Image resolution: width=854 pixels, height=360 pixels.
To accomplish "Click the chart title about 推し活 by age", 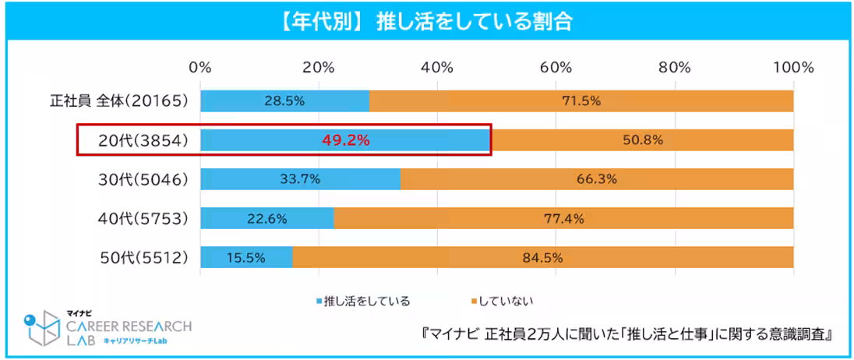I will (x=426, y=21).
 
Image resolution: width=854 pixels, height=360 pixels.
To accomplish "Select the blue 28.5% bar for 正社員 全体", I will (x=285, y=101).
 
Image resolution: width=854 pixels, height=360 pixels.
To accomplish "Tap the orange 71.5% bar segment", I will (x=581, y=101).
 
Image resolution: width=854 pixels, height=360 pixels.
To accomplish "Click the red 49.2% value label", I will (x=345, y=140).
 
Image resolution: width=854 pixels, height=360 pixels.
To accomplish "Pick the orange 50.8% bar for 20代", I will (x=642, y=140).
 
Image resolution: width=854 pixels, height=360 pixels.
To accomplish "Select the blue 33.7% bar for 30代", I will (x=300, y=179).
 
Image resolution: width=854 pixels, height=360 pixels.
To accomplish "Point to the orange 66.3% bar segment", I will (x=597, y=179).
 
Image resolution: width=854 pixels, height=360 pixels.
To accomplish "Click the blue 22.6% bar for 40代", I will (x=267, y=218).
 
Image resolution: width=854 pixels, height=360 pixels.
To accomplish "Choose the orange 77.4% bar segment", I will (x=563, y=218).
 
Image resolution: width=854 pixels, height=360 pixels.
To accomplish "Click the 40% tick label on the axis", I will (x=437, y=67).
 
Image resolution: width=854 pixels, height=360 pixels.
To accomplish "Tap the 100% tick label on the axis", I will (x=793, y=67).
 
